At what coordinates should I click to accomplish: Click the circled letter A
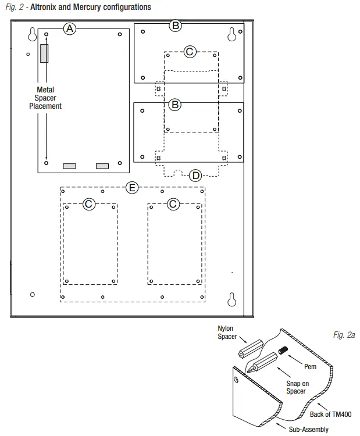pos(70,28)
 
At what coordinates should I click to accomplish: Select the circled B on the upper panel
pos(175,25)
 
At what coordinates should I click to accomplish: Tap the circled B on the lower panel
pos(175,105)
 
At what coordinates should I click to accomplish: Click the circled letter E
pos(133,187)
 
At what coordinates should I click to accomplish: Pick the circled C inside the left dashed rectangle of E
pos(88,203)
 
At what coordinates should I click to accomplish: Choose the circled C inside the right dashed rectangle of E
pos(173,203)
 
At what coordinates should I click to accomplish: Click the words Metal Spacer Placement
pos(46,98)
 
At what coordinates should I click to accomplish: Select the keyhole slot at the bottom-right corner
pos(231,298)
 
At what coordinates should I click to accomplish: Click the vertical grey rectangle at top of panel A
pos(44,54)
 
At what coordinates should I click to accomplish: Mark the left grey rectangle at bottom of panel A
pos(69,166)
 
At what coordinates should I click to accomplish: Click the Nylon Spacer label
pos(227,333)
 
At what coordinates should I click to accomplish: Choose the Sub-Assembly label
pos(309,430)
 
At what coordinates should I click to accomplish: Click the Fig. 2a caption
pos(344,335)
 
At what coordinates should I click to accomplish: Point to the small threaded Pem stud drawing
pos(283,351)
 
